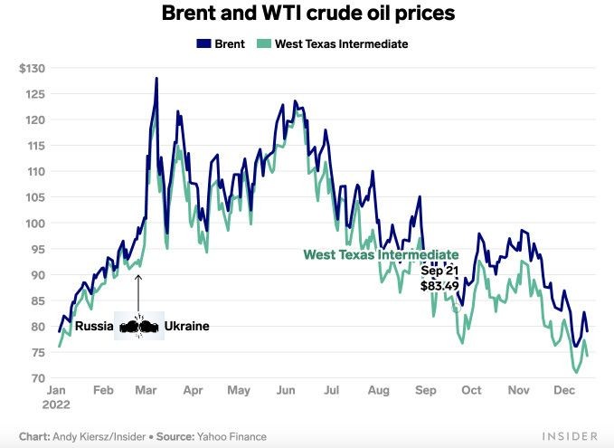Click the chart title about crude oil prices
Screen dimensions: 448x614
point(307,14)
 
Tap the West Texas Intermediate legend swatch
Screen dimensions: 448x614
point(263,43)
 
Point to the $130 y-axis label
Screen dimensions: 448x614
point(33,68)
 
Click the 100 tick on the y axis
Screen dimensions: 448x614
point(37,224)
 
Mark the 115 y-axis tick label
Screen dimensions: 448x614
point(37,146)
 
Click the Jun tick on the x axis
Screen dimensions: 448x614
point(286,391)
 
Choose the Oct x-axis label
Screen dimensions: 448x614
point(470,391)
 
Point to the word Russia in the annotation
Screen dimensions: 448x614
point(94,326)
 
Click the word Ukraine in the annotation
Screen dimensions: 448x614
point(186,326)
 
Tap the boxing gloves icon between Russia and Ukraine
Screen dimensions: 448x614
point(139,327)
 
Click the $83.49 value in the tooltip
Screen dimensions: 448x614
point(440,285)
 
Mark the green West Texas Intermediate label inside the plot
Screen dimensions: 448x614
point(380,255)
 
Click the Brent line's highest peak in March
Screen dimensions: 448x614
point(156,79)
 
